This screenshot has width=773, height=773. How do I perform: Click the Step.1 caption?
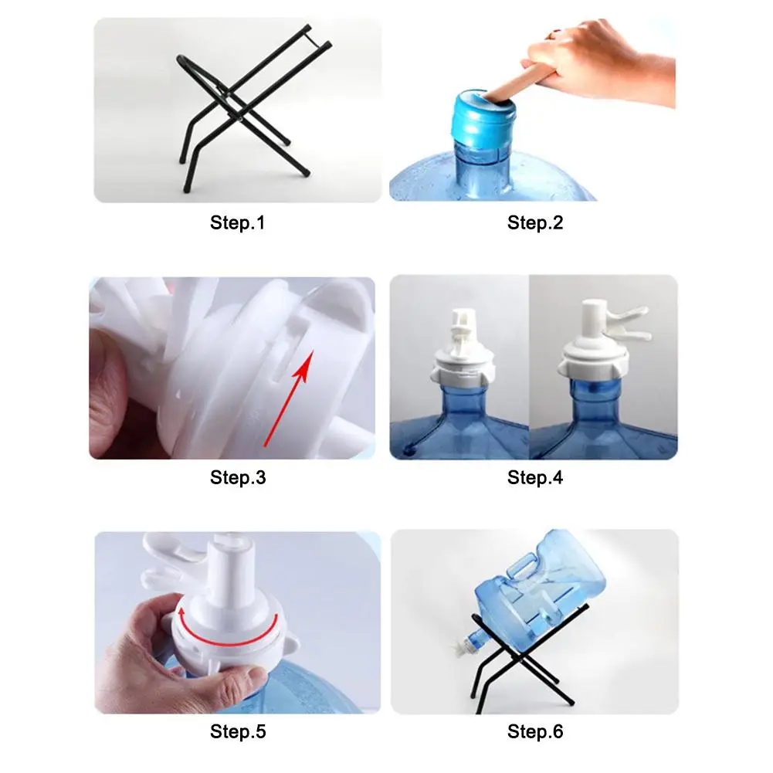click(x=238, y=223)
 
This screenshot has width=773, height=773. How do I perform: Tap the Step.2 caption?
click(x=535, y=223)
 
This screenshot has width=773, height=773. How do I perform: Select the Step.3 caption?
click(x=238, y=477)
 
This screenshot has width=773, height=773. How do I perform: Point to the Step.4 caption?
click(x=535, y=477)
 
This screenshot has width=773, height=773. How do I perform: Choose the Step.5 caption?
click(x=238, y=731)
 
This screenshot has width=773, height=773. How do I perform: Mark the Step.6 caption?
click(x=535, y=731)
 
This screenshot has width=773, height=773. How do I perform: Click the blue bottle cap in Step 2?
click(x=483, y=119)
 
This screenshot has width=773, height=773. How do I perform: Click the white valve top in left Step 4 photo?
click(x=463, y=331)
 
